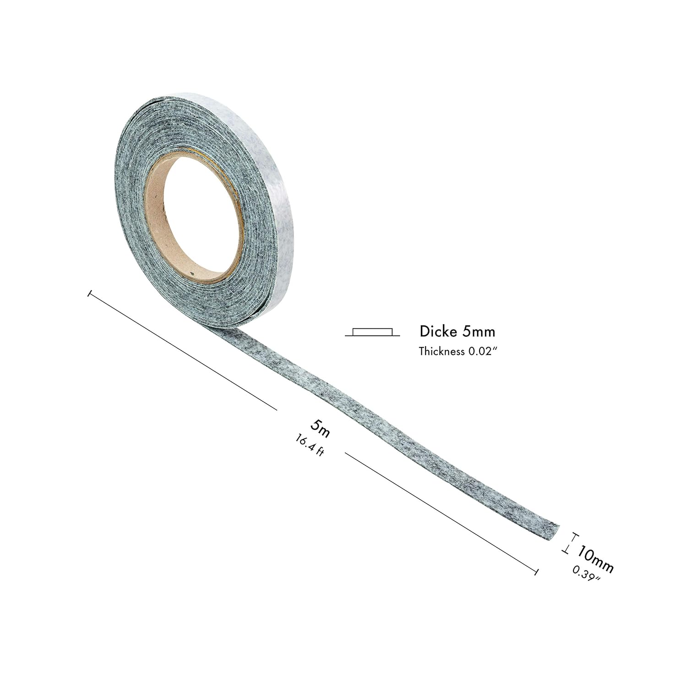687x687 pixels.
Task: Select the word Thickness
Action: click(x=440, y=351)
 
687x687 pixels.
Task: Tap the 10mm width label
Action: click(x=594, y=558)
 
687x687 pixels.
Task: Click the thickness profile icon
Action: click(x=372, y=332)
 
